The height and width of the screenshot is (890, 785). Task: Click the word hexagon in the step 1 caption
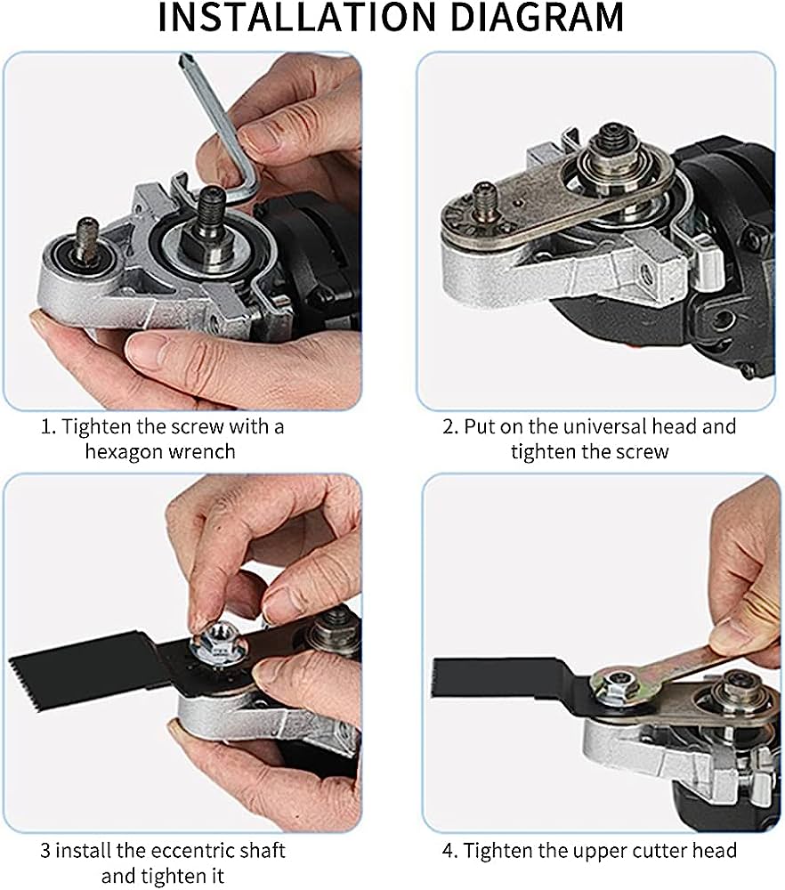(125, 451)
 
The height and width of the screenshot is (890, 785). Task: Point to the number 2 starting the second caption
(449, 426)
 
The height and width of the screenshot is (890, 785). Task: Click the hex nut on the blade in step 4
(610, 686)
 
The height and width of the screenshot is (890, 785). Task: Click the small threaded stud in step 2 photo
(485, 197)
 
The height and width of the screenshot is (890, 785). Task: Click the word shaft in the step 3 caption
(263, 851)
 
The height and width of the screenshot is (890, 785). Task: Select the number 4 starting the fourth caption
(450, 851)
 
